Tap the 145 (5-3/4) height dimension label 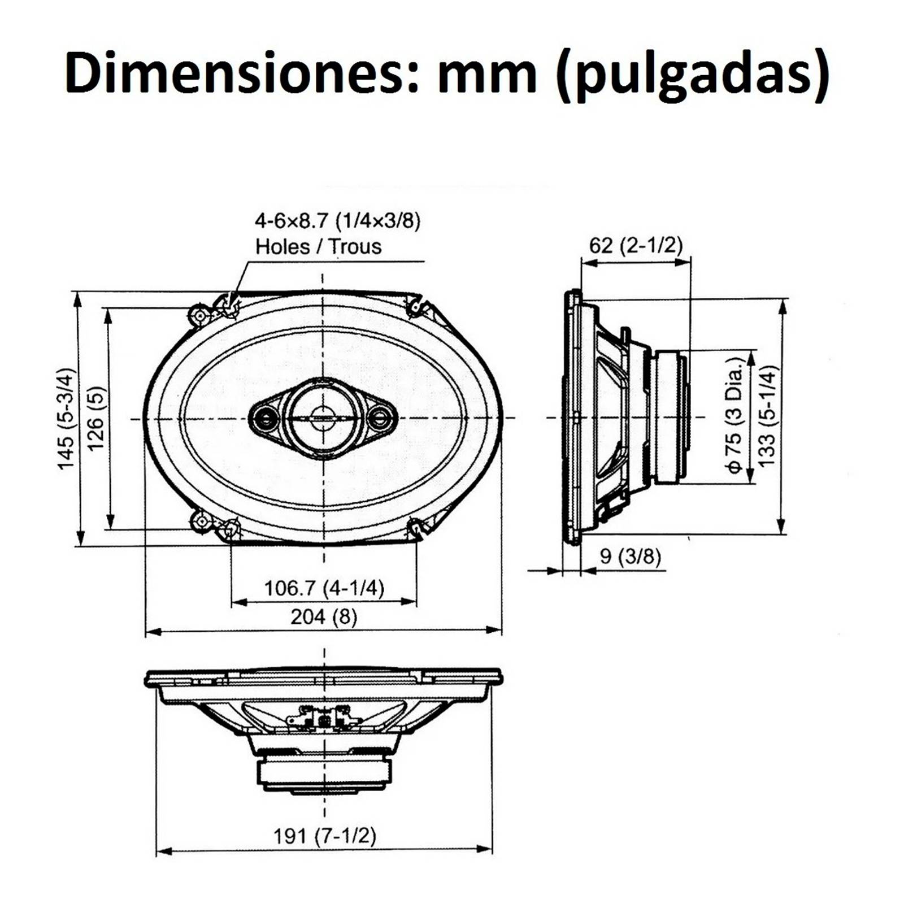pyautogui.click(x=66, y=418)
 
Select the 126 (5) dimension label pyautogui.click(x=95, y=418)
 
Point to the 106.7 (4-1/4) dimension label pyautogui.click(x=324, y=588)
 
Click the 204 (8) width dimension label pyautogui.click(x=324, y=616)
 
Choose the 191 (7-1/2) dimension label pyautogui.click(x=324, y=836)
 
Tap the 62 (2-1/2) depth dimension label pyautogui.click(x=636, y=245)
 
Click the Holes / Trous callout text pyautogui.click(x=318, y=247)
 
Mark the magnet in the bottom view pyautogui.click(x=324, y=774)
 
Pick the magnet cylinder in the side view pyautogui.click(x=670, y=417)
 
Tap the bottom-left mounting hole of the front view pyautogui.click(x=201, y=521)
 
